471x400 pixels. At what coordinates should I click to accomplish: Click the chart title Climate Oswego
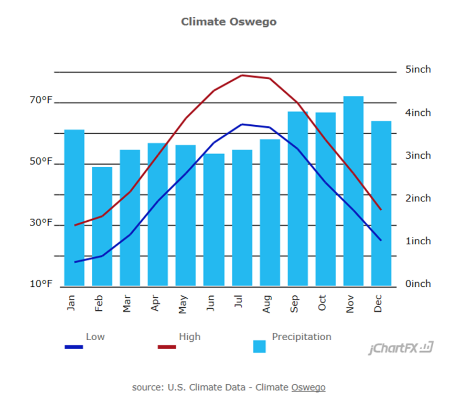tap(229, 21)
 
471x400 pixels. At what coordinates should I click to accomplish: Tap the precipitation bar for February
tap(102, 226)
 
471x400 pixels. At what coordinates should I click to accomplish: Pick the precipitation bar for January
tap(74, 207)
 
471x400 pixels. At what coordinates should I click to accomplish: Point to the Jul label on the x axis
tap(239, 304)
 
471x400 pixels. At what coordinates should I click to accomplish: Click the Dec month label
tap(378, 304)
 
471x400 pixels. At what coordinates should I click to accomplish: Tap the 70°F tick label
tap(41, 100)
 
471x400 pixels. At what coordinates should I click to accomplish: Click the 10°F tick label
tap(41, 284)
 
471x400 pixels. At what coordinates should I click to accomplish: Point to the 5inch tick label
tap(418, 70)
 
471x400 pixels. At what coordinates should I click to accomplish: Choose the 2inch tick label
tap(418, 198)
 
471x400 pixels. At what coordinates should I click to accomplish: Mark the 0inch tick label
tap(418, 284)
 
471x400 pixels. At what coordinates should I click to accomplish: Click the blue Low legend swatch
tap(73, 347)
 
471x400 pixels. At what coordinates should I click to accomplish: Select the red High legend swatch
tap(167, 347)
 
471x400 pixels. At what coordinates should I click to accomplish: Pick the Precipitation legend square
tap(260, 347)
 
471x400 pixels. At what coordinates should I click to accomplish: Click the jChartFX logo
tap(401, 348)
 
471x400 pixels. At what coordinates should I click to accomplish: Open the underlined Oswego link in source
tap(308, 387)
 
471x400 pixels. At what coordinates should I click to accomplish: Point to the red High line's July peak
tap(242, 75)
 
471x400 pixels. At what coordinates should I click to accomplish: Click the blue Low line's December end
tap(381, 240)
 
